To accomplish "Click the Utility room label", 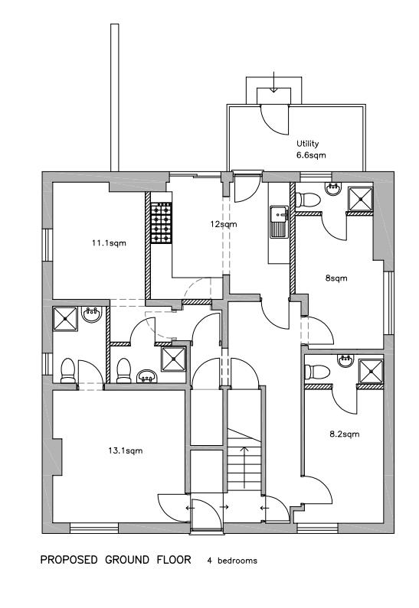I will coord(307,143).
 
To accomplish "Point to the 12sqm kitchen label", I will coord(224,225).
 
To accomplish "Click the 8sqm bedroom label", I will coord(336,278).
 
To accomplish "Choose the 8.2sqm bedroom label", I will coord(345,434).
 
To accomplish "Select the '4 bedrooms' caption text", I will coord(231,561).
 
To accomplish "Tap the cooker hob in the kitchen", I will coord(162,223).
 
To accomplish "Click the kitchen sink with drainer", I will coord(277,221).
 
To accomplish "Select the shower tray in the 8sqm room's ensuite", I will coord(360,198).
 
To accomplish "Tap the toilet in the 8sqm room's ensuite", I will coord(307,199).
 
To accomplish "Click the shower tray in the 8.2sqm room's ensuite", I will coord(371,370).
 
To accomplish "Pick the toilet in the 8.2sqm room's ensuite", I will coord(316,372).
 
